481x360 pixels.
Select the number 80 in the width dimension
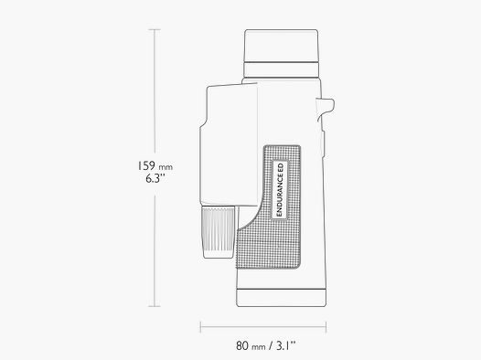[242, 344]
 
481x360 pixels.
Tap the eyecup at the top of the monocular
[282, 46]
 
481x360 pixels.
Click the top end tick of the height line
[153, 29]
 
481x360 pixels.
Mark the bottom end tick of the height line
[153, 307]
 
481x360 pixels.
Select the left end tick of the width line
[200, 326]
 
